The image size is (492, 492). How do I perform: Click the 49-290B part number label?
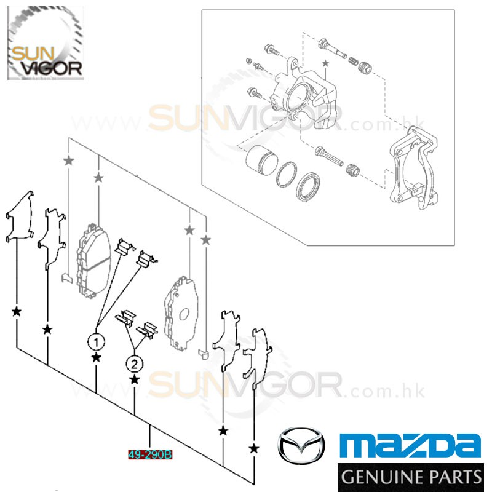click(150, 454)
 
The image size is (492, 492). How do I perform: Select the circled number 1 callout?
click(96, 342)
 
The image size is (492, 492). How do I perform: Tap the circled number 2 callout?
click(134, 364)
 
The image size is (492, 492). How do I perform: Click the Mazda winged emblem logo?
click(301, 445)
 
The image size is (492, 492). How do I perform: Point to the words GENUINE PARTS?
click(411, 477)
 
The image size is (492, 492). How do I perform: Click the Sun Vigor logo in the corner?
click(46, 43)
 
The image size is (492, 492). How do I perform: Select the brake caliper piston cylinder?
click(261, 160)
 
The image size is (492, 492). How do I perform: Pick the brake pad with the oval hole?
click(181, 313)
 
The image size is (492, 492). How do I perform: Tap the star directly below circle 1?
click(96, 357)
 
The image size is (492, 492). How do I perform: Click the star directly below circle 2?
click(134, 379)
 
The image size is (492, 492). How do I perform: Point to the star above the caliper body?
click(325, 63)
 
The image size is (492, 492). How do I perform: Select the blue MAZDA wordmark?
click(410, 445)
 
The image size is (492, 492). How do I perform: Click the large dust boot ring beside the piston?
click(308, 186)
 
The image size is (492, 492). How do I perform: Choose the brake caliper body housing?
click(304, 93)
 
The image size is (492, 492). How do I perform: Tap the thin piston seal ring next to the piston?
click(286, 175)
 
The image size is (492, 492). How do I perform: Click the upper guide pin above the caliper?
click(332, 49)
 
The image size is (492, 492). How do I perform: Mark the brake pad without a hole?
click(93, 261)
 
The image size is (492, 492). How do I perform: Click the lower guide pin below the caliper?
click(329, 156)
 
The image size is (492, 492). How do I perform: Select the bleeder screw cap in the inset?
click(249, 60)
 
